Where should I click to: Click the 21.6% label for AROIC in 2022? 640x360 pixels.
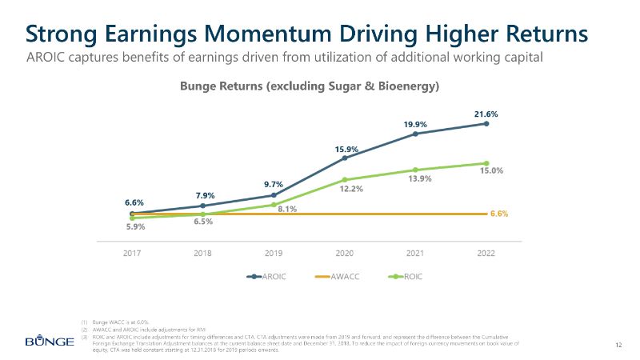click(x=486, y=114)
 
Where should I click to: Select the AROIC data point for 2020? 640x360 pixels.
click(x=345, y=158)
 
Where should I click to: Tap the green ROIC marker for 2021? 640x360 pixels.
click(x=415, y=170)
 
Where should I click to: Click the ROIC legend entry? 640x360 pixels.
click(x=407, y=277)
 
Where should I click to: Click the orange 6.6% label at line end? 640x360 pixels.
click(x=499, y=214)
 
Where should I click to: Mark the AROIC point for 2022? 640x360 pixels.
click(x=486, y=123)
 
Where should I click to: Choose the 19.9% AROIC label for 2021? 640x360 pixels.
click(x=415, y=124)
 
